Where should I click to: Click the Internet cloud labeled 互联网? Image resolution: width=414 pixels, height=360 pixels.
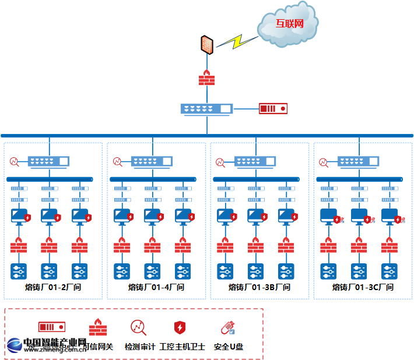click(x=289, y=24)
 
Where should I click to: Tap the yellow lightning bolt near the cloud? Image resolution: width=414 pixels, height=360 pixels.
click(x=237, y=41)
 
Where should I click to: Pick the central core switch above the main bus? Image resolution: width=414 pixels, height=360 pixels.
click(x=206, y=108)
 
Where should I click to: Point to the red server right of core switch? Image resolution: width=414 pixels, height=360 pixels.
click(x=273, y=108)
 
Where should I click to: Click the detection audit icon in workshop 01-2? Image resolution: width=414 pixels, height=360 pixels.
click(x=15, y=161)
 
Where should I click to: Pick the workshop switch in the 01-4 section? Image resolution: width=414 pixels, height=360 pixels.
click(x=152, y=161)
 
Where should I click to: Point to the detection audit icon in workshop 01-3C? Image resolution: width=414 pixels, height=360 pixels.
click(x=324, y=161)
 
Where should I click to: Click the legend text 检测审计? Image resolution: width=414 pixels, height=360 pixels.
click(x=140, y=347)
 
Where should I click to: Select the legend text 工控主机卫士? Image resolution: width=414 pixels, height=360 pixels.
click(x=182, y=347)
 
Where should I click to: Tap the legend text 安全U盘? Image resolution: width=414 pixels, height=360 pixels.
click(x=229, y=347)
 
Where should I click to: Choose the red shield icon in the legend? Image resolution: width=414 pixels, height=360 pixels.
click(x=180, y=327)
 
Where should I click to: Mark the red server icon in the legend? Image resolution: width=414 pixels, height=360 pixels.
click(x=51, y=327)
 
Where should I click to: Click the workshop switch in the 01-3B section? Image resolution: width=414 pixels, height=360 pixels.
click(x=255, y=161)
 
